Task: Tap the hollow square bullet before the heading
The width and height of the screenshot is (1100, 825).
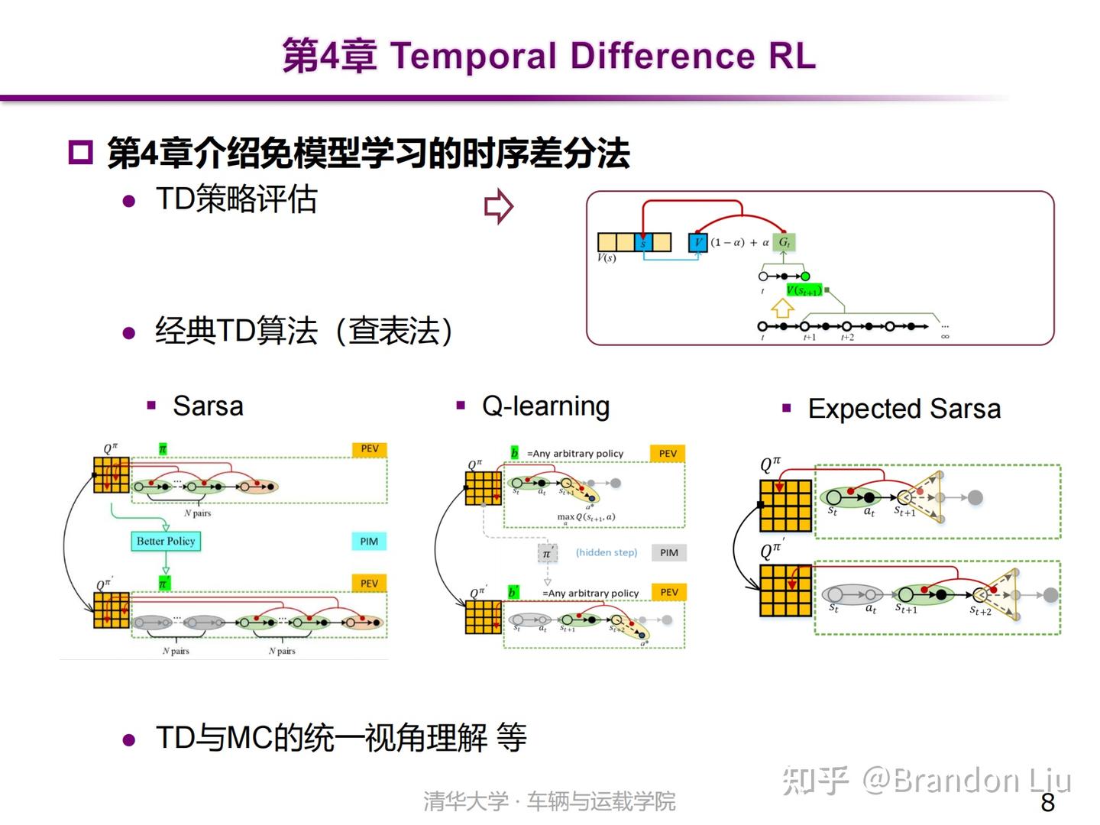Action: tap(79, 152)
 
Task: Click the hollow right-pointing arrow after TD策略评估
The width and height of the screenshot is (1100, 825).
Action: tap(499, 206)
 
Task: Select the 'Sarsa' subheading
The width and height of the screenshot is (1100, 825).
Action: tap(207, 406)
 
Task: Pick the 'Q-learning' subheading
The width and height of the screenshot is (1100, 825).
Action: tap(545, 406)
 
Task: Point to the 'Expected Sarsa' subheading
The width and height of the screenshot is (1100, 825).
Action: tap(904, 409)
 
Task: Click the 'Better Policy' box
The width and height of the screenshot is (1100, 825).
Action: tap(166, 541)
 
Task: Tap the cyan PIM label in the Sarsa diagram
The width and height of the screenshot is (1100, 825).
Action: tap(369, 541)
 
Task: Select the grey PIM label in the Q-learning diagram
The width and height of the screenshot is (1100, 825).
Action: tap(668, 552)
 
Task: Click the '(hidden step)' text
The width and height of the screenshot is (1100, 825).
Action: tap(606, 552)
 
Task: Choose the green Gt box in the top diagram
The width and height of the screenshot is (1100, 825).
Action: tap(783, 242)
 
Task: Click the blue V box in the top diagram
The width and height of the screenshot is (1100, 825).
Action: tap(697, 242)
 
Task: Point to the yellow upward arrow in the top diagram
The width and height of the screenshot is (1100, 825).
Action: tap(782, 308)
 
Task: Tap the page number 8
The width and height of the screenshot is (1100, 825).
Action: tap(1047, 802)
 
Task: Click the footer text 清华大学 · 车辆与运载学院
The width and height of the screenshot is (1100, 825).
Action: tap(549, 801)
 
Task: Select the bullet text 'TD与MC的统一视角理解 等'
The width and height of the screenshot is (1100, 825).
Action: tap(341, 738)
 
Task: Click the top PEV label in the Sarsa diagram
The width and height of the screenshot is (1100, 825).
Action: tap(370, 448)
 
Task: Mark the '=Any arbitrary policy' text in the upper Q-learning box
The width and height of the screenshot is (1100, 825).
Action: tap(574, 453)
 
